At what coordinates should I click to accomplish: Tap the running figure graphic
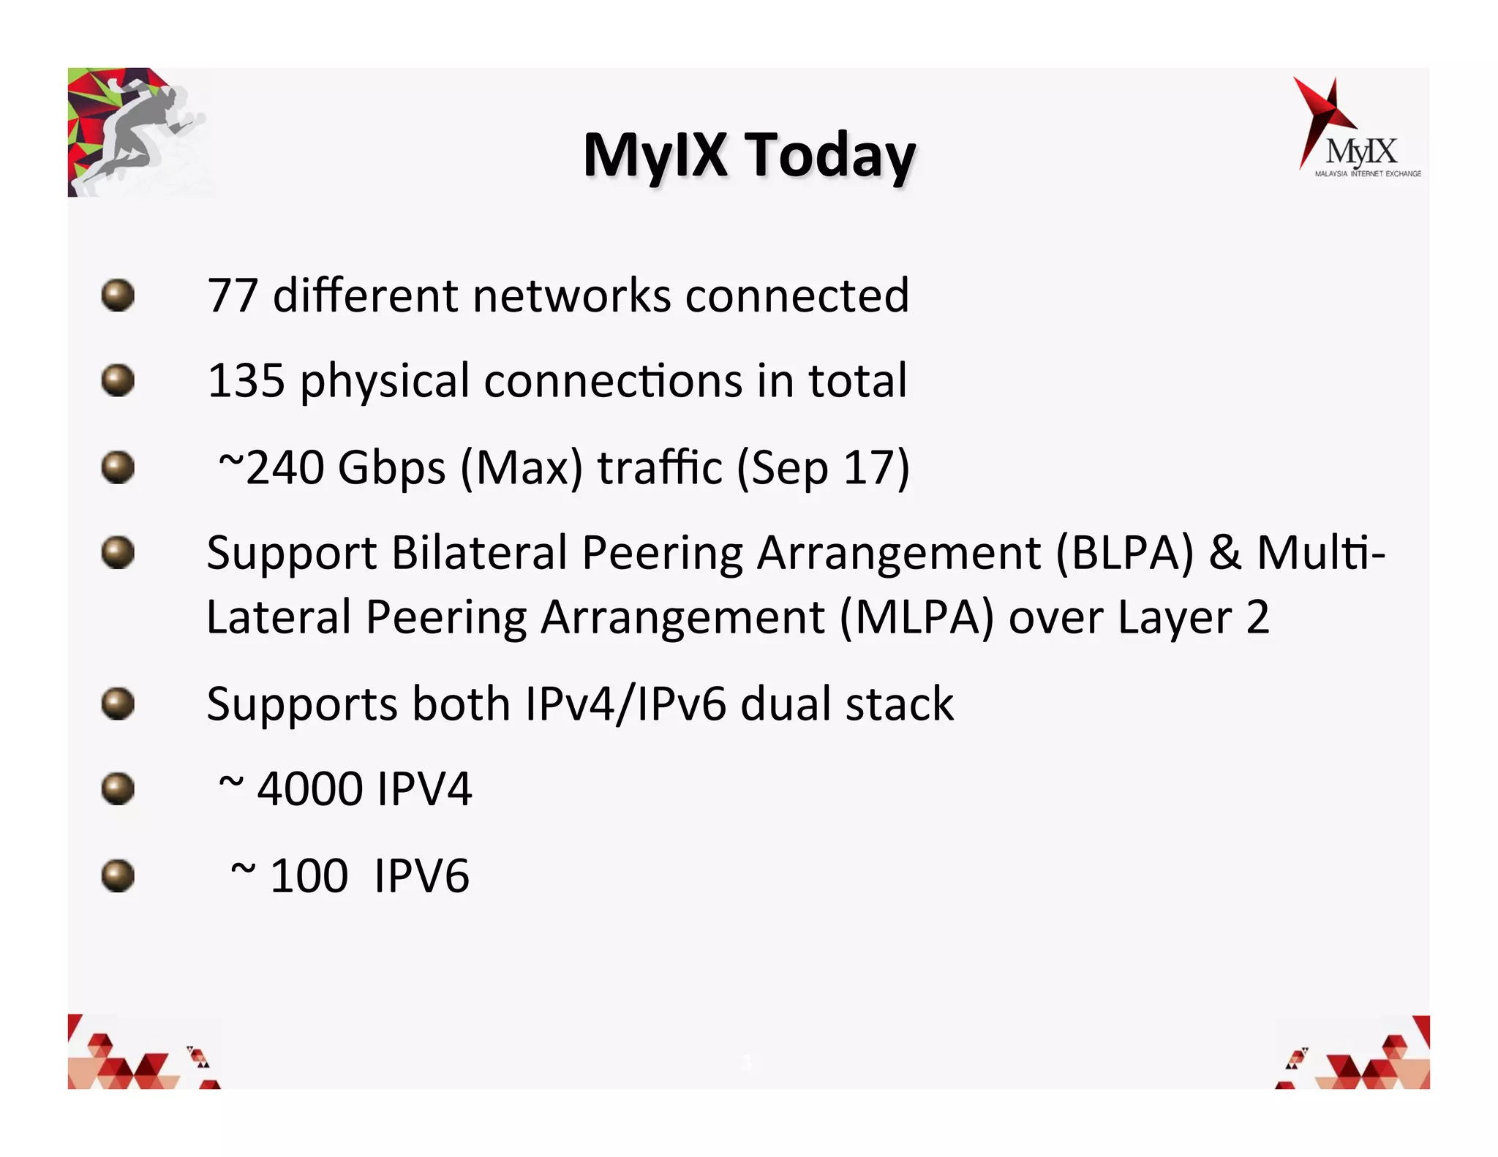[139, 132]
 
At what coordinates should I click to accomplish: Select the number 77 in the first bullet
[233, 295]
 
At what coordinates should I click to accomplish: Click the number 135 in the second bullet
[246, 381]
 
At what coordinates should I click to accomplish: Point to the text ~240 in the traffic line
[271, 467]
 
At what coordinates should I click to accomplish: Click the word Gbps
[391, 469]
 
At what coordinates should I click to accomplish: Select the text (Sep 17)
[823, 468]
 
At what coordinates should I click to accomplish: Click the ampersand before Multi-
[1224, 553]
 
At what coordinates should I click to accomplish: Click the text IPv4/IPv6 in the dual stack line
[626, 704]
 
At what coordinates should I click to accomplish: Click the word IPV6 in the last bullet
[421, 876]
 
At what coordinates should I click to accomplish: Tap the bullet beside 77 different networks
[118, 295]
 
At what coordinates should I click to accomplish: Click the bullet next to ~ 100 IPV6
[118, 875]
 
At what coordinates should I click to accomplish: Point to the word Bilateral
[479, 553]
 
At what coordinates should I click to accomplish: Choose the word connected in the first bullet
[797, 295]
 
